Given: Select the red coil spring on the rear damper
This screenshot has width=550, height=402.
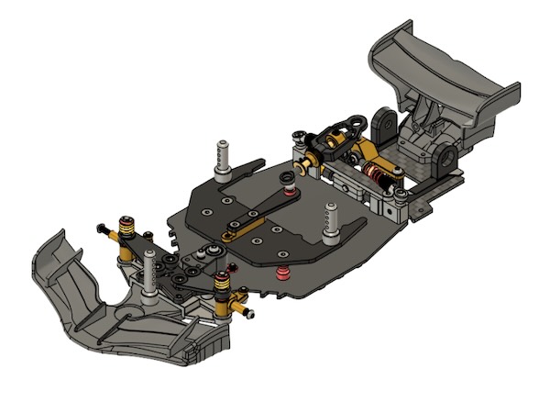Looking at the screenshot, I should pos(374,173).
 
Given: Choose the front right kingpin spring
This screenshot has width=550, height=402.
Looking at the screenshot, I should pos(222,287).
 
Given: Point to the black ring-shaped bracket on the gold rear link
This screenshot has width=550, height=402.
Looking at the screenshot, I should pos(348,120).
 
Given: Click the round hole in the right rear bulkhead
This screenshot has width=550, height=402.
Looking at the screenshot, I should pos(448,159).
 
